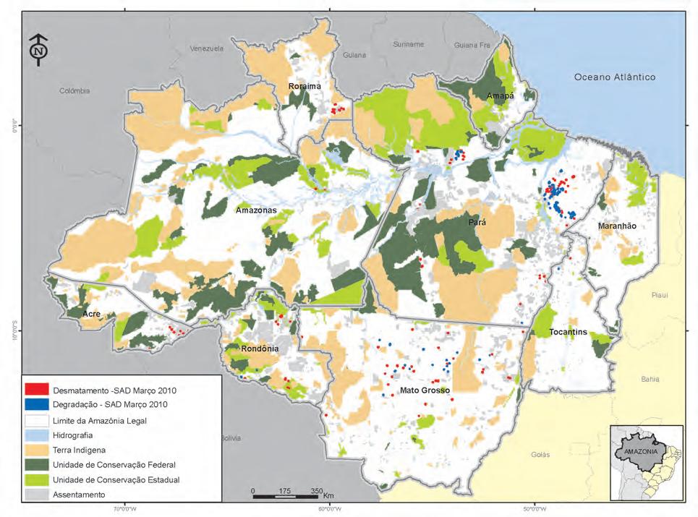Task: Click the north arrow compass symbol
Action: pyautogui.click(x=38, y=51)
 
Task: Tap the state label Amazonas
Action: pyautogui.click(x=256, y=210)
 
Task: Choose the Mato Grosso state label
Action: pyautogui.click(x=425, y=390)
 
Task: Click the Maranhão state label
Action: pyautogui.click(x=616, y=226)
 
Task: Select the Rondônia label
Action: pyautogui.click(x=260, y=348)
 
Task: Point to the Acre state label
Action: pyautogui.click(x=91, y=315)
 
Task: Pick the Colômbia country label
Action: pyautogui.click(x=75, y=91)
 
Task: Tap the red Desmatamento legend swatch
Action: pyautogui.click(x=36, y=390)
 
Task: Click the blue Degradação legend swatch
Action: pyautogui.click(x=36, y=405)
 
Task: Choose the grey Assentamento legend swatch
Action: pyautogui.click(x=36, y=495)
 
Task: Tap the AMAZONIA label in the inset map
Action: pyautogui.click(x=640, y=450)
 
